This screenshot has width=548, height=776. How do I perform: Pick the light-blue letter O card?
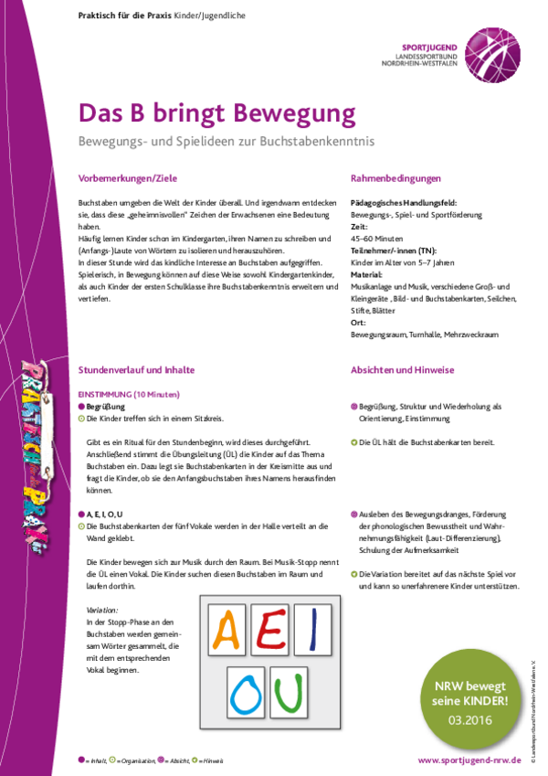pyautogui.click(x=248, y=695)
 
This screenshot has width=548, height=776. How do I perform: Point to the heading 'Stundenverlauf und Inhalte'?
pyautogui.click(x=136, y=370)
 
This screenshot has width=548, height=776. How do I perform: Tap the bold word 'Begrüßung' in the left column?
pyautogui.click(x=106, y=404)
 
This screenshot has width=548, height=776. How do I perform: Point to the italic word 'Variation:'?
pyautogui.click(x=101, y=609)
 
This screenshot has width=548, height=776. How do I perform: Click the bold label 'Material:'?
pyautogui.click(x=368, y=273)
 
